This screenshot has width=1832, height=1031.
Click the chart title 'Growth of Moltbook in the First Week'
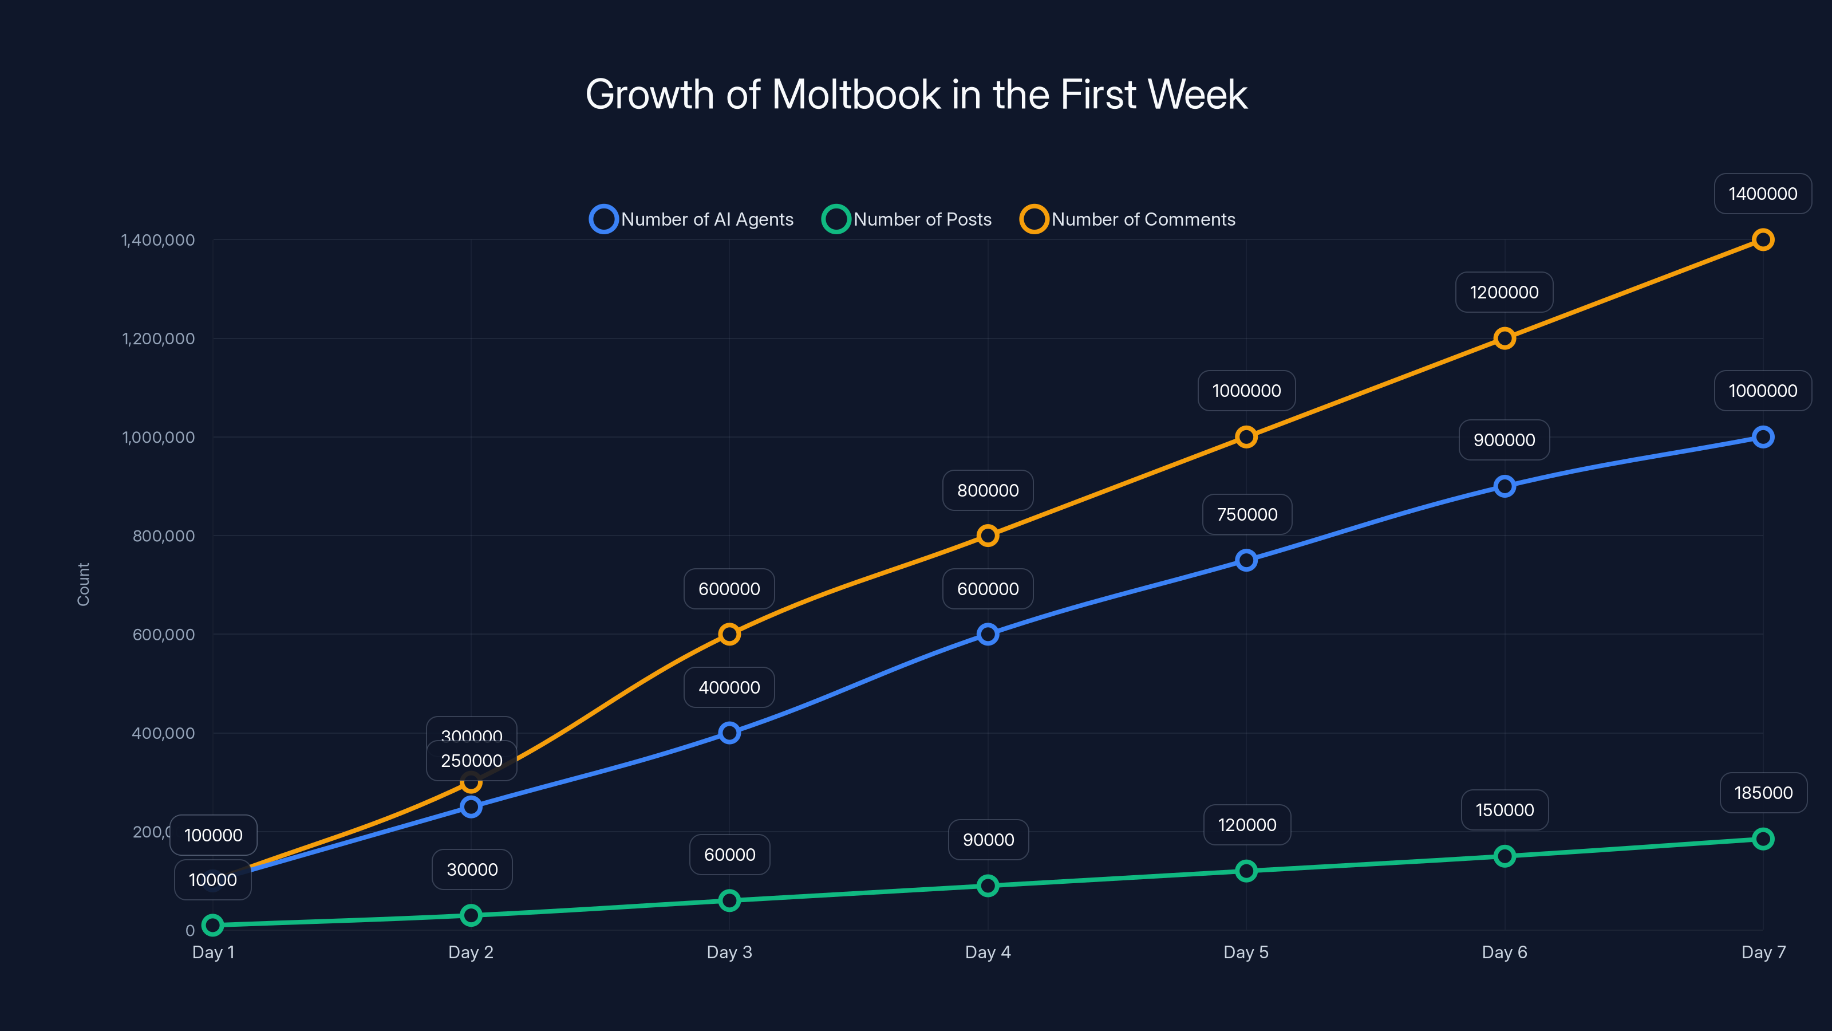coord(916,94)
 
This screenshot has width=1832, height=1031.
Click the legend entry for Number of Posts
coord(907,219)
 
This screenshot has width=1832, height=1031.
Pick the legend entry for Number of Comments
coord(1128,219)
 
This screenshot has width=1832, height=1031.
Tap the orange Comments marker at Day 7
coord(1762,240)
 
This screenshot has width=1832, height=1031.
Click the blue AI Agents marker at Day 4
coord(987,634)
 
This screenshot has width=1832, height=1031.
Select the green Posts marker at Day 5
coord(1246,871)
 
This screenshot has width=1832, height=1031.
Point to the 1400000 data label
coord(1762,194)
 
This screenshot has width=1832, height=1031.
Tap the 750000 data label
coord(1247,514)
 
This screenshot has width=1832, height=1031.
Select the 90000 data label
coord(988,840)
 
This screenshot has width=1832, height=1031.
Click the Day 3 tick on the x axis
coord(729,952)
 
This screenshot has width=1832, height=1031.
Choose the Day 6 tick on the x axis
coord(1504,952)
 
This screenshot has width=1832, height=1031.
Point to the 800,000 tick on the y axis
coord(164,536)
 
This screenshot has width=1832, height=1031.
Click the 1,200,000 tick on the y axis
coord(158,339)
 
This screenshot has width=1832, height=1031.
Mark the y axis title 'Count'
coord(83,584)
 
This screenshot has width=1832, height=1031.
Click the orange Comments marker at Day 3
coord(729,634)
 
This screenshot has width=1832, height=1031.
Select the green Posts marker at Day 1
coord(212,925)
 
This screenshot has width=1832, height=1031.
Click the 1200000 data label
coord(1504,293)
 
